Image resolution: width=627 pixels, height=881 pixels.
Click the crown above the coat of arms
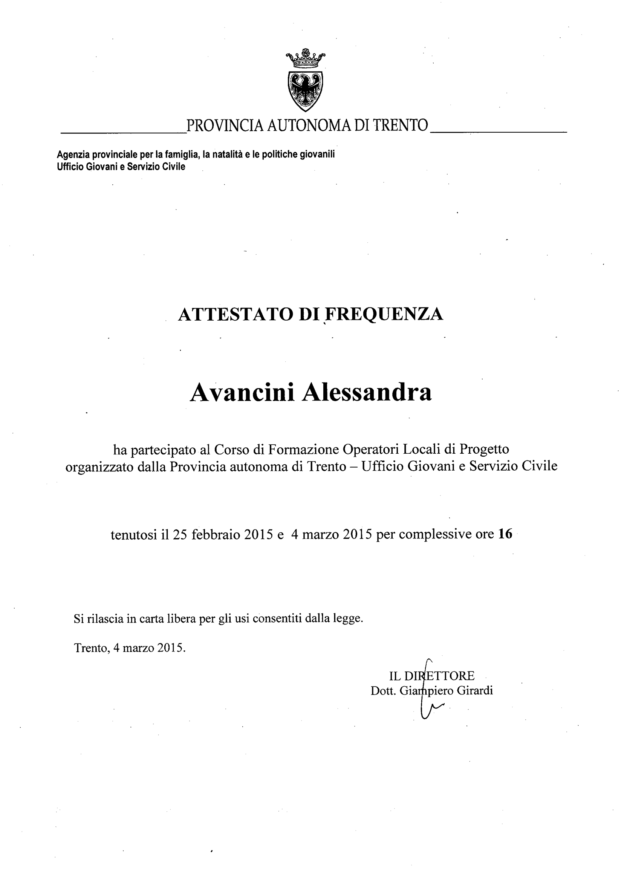[x=305, y=59]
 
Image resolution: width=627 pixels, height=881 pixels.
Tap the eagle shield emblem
[x=305, y=90]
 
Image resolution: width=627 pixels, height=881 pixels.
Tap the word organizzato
[x=101, y=467]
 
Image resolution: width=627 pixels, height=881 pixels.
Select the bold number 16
[x=505, y=534]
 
